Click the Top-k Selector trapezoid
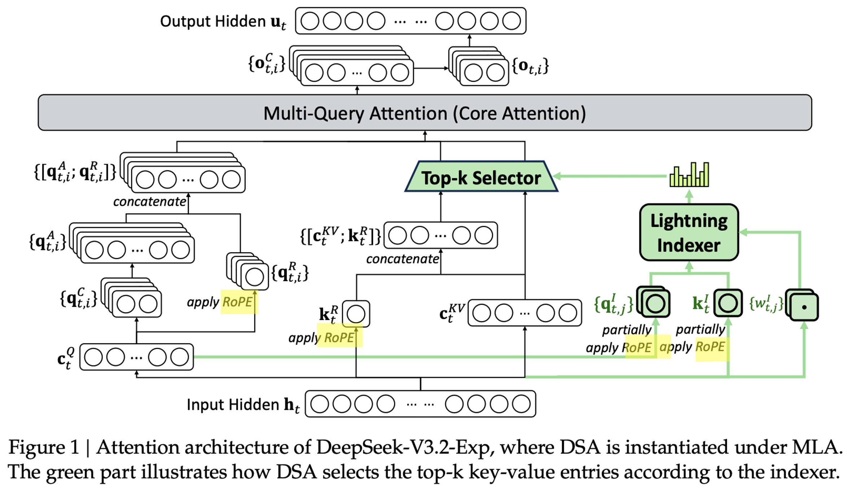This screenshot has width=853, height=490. pos(481,176)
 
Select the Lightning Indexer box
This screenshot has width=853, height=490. pos(689,232)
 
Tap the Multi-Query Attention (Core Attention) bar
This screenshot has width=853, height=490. pos(425,113)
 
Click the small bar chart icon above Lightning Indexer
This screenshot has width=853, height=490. pos(689,175)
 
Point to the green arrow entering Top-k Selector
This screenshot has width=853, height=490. pos(610,176)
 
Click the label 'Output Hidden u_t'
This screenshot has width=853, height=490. pos(223,22)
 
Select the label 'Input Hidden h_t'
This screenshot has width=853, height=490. pos(243,405)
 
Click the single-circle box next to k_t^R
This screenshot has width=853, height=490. pos(356,314)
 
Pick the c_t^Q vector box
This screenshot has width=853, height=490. pos(136,357)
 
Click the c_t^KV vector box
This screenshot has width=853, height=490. pos(525,313)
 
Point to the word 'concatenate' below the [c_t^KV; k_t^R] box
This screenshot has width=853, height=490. pos(402,259)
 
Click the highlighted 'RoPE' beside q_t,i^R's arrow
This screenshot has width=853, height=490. pos(237,302)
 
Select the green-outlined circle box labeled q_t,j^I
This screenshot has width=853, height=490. pos(653,302)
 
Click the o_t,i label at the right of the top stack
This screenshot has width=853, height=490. pos(530,66)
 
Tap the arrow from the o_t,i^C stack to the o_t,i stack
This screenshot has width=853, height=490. pos(431,68)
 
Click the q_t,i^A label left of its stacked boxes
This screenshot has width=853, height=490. pos(48,241)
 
